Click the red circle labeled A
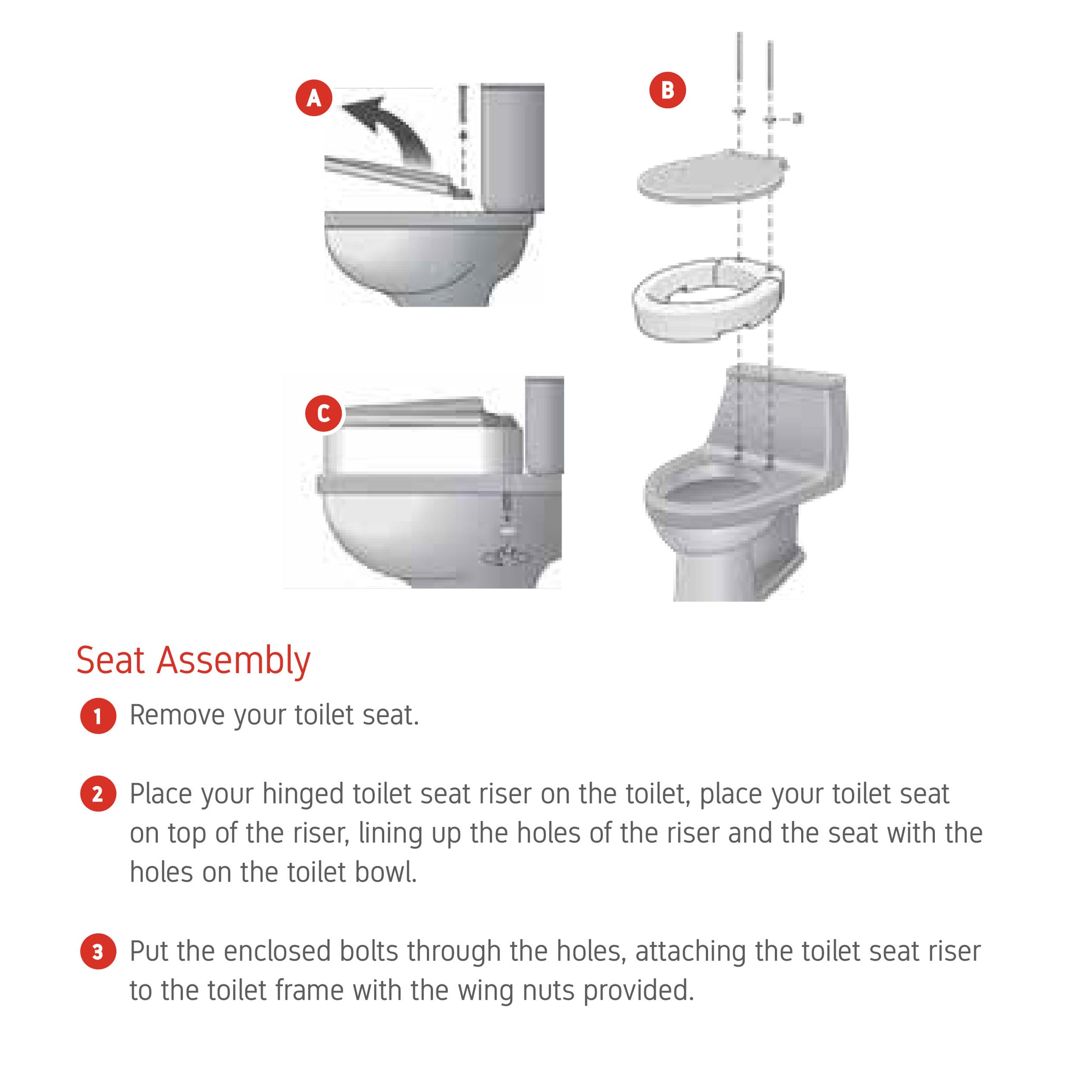tap(314, 98)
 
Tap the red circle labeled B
tap(667, 90)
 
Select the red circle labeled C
tap(324, 413)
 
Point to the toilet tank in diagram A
tap(512, 148)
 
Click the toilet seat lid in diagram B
tap(713, 177)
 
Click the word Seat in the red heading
tap(111, 660)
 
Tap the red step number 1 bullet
tap(98, 716)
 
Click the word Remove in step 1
tap(177, 715)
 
